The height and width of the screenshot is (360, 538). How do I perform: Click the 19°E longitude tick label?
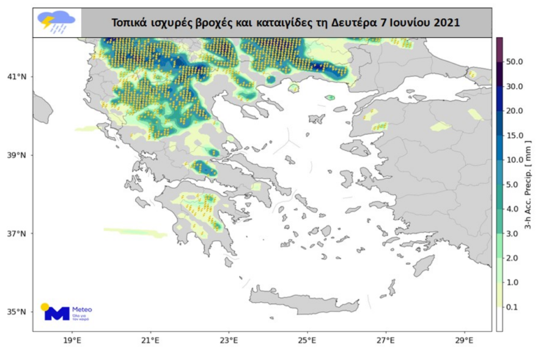click(x=72, y=340)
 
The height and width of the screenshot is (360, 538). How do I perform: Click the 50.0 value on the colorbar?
click(x=515, y=62)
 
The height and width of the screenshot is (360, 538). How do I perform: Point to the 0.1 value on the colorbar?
click(x=514, y=307)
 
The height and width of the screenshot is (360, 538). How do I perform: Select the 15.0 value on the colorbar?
click(x=515, y=136)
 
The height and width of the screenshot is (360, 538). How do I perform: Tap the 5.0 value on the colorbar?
click(x=513, y=185)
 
